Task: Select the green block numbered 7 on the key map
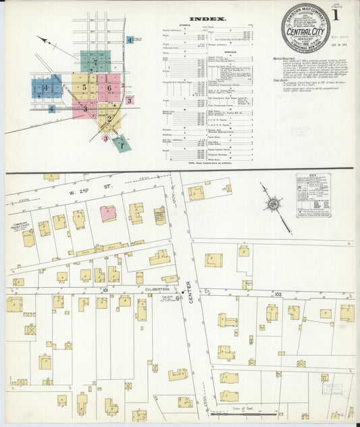[95, 62]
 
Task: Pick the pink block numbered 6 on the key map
[109, 86]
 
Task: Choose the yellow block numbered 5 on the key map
[84, 87]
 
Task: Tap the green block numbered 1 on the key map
[122, 143]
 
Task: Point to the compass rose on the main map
[272, 204]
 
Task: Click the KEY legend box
[313, 195]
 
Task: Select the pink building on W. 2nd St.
[107, 214]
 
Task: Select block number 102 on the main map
[278, 293]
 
